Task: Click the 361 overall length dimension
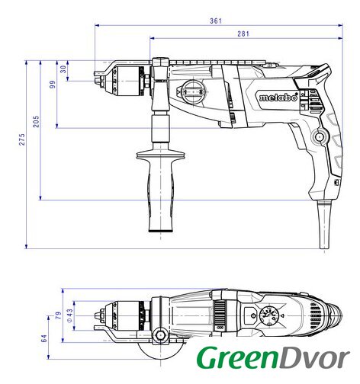click(216, 21)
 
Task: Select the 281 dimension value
click(243, 34)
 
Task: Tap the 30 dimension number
click(63, 69)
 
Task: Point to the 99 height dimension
click(53, 85)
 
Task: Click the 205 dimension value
click(37, 121)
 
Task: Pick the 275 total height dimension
click(22, 139)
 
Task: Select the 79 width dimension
click(59, 315)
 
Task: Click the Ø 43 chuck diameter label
click(69, 315)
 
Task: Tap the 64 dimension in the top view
click(44, 338)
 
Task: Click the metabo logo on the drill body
click(278, 97)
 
